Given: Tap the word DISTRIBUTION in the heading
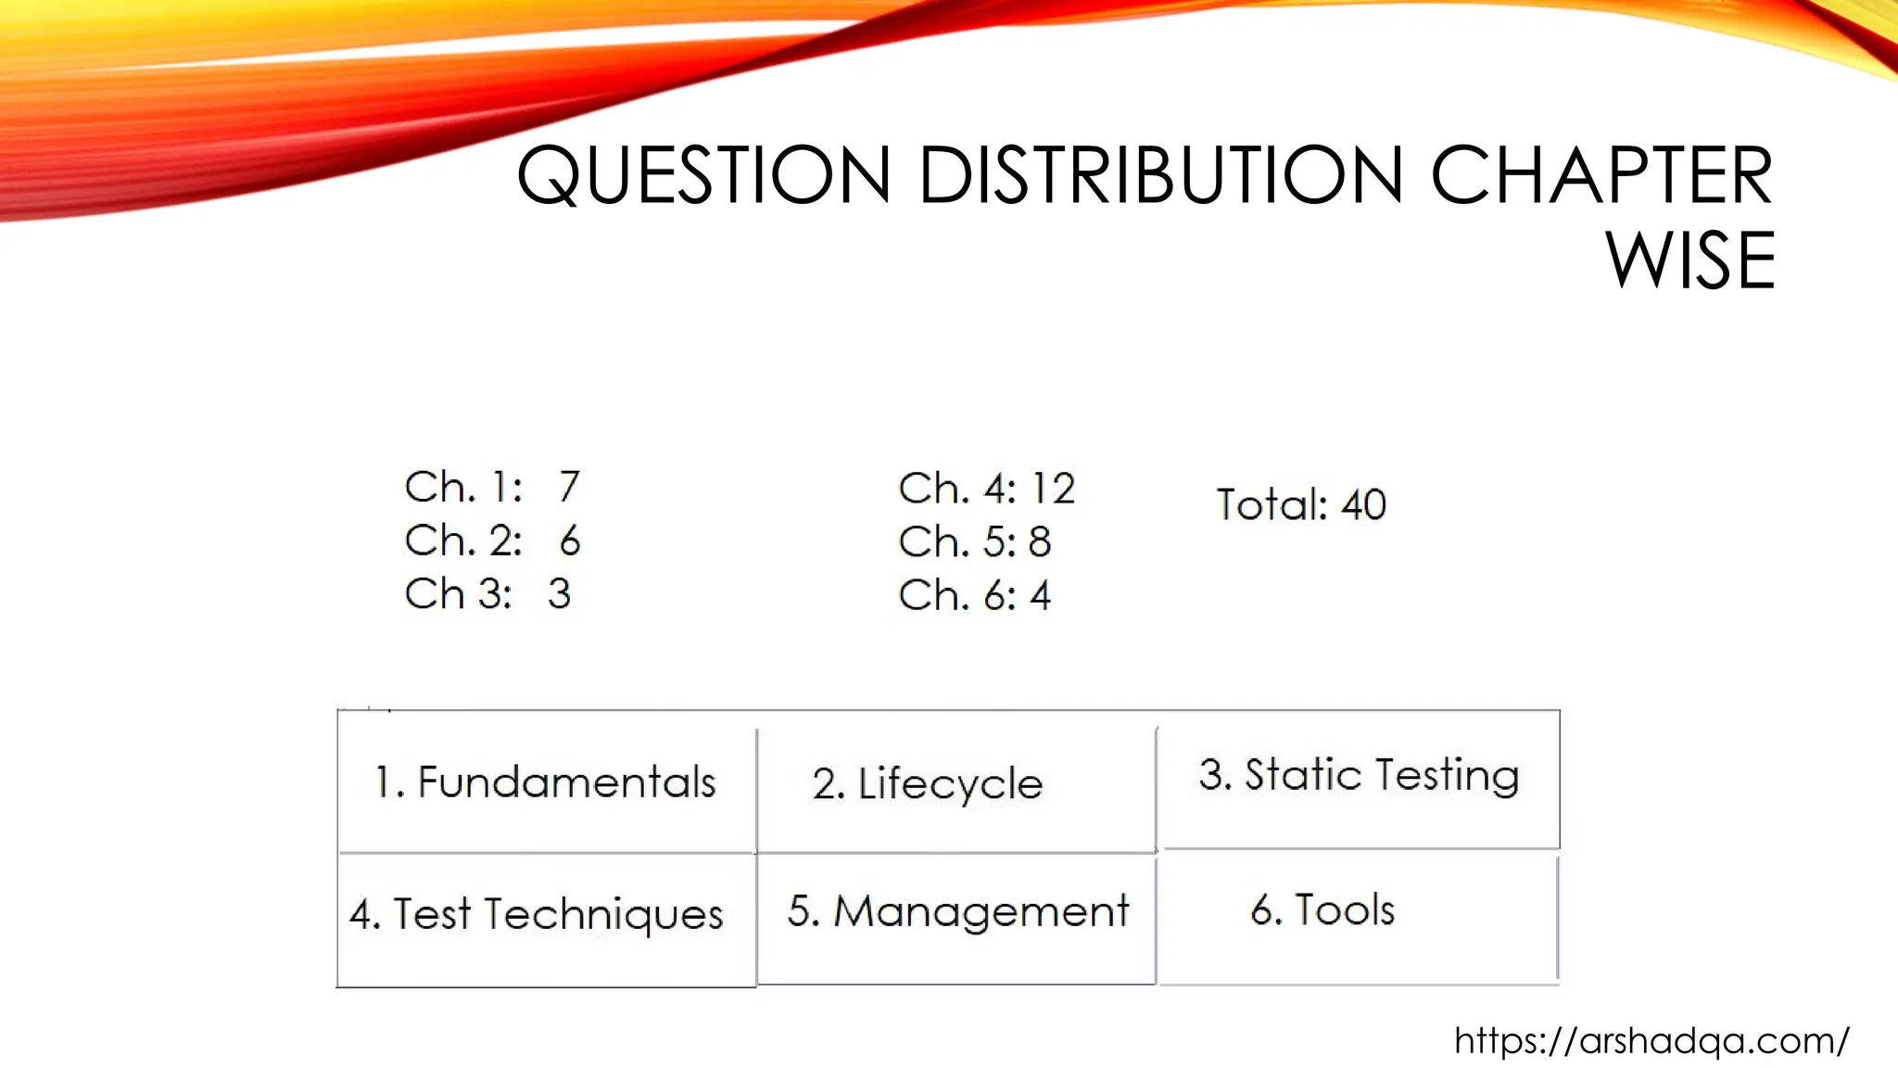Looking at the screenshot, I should [x=1160, y=175].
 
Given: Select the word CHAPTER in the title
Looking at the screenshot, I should [x=1601, y=175].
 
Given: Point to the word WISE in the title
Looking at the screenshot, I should [x=1690, y=261].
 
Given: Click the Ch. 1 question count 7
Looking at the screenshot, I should [x=569, y=487].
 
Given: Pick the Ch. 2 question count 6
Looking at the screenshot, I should [x=570, y=540].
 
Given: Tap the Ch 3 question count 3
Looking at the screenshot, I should [x=559, y=594].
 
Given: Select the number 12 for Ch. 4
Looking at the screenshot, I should [x=1053, y=489].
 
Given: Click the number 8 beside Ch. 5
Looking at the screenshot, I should [x=1040, y=542].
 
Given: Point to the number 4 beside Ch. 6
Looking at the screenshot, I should [x=1041, y=595].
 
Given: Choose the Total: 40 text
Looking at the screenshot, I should [x=1301, y=505].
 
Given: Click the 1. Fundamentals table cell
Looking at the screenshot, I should [x=546, y=782].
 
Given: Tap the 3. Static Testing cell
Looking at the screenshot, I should [x=1359, y=775].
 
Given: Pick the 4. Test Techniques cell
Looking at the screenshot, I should [x=537, y=914].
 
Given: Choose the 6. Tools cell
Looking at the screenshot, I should [x=1322, y=910].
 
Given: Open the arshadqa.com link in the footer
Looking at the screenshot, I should [x=1651, y=1041].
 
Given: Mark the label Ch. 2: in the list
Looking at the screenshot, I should [x=463, y=540].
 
